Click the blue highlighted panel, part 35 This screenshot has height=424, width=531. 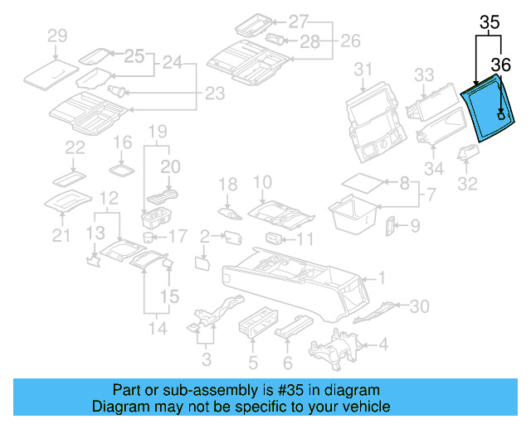489,104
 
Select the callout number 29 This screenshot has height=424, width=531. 57,35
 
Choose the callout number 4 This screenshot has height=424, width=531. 382,344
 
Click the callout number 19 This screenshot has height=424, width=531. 157,131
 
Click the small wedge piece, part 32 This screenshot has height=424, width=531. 469,155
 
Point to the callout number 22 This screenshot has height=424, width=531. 76,147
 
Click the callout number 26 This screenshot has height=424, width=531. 351,40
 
